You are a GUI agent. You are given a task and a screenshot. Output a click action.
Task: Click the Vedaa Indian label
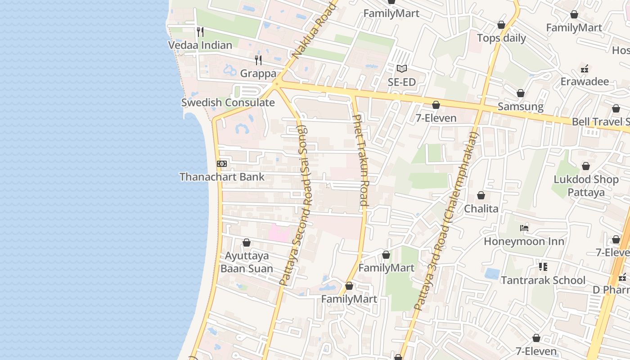click(200, 45)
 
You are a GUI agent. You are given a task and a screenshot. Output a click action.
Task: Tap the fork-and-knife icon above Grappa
click(258, 60)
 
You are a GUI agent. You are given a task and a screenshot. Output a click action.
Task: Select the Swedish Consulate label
click(228, 103)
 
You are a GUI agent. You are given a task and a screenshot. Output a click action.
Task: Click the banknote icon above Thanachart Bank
click(222, 164)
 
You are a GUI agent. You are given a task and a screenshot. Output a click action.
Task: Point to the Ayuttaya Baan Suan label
click(247, 262)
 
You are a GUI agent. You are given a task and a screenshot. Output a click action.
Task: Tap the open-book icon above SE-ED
click(402, 69)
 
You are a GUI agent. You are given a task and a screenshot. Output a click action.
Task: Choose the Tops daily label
click(501, 38)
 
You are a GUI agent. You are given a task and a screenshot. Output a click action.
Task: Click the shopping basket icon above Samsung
click(521, 94)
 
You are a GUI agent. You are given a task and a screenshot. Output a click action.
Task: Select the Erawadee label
click(584, 81)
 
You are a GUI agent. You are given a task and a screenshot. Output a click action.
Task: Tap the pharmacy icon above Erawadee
click(585, 69)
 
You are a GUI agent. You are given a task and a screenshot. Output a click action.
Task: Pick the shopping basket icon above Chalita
click(481, 196)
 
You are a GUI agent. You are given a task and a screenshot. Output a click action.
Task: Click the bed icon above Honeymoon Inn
click(524, 228)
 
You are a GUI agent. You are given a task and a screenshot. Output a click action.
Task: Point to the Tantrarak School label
click(543, 280)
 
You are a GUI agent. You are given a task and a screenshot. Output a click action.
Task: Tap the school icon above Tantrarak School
click(543, 267)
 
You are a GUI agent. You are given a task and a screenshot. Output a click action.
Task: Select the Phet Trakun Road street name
click(361, 160)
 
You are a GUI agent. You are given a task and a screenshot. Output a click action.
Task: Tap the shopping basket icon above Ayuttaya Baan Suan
click(247, 243)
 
